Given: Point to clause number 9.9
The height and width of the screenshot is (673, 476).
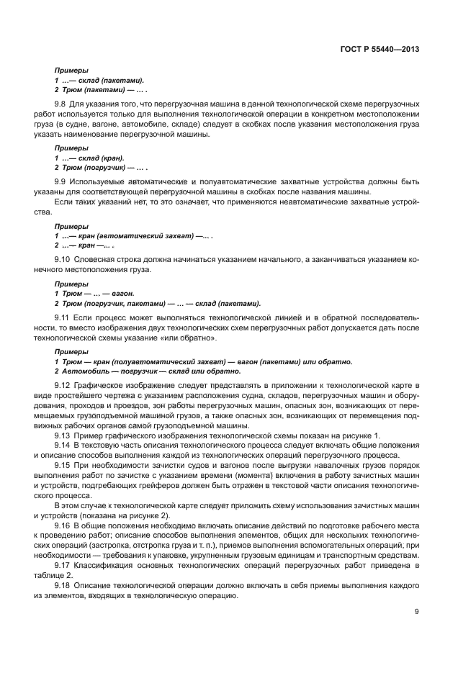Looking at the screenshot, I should click(x=61, y=181).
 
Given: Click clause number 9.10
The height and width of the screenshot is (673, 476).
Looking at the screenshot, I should click(x=63, y=258).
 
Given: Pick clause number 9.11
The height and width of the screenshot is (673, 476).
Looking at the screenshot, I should click(x=63, y=317).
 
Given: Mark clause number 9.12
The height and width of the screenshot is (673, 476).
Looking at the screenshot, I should click(x=63, y=385).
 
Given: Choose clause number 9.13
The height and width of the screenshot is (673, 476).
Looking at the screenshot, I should click(x=63, y=436).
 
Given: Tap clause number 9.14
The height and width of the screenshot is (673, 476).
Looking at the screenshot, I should click(x=63, y=446).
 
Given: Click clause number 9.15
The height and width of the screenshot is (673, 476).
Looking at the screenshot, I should click(x=63, y=466).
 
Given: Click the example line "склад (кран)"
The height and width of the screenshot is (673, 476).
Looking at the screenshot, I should click(x=90, y=157).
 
